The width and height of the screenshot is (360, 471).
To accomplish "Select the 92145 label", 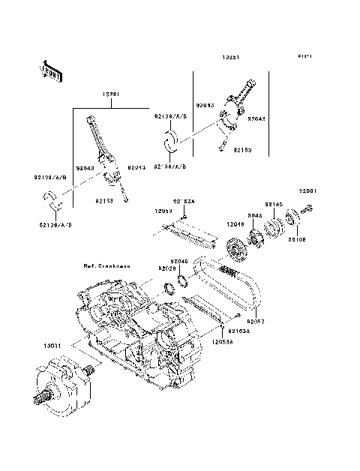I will point(273,204).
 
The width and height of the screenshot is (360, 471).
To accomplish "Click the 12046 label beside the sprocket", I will point(235,224).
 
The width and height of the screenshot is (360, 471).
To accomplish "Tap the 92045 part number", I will point(178,261).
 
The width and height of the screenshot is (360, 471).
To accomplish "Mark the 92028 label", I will point(166,268).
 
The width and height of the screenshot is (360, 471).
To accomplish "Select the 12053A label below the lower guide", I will point(222,341).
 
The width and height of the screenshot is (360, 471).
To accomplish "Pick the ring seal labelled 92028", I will point(169,288).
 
